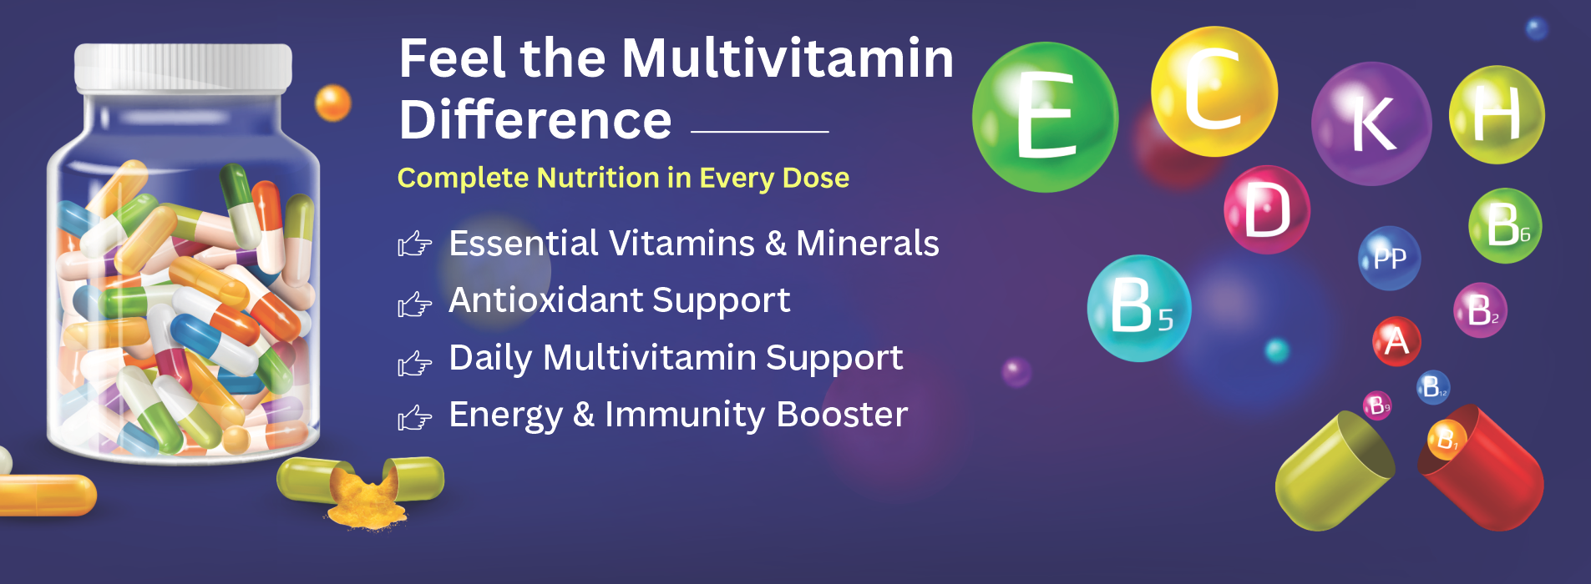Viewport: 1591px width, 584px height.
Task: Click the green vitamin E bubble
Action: [x=1045, y=118]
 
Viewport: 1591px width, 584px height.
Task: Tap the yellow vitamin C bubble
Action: [x=1214, y=91]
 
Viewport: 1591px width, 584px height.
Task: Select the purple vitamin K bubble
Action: [x=1371, y=123]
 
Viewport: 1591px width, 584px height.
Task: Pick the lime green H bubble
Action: [x=1497, y=114]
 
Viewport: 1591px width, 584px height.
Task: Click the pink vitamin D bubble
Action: [x=1267, y=209]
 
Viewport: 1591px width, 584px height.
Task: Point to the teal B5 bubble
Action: [x=1139, y=308]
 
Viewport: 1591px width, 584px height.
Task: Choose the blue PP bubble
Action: [x=1389, y=259]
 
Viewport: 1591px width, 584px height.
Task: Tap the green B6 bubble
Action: [x=1505, y=225]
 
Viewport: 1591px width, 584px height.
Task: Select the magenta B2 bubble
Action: [x=1481, y=310]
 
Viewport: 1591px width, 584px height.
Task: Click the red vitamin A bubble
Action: [x=1396, y=341]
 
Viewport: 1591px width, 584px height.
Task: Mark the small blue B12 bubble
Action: [x=1433, y=387]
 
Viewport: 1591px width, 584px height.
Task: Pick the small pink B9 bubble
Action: [x=1377, y=406]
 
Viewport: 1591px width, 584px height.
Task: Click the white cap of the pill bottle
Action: [x=183, y=67]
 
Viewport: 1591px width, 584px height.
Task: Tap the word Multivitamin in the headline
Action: [x=788, y=58]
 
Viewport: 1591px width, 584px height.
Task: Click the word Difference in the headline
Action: [x=535, y=119]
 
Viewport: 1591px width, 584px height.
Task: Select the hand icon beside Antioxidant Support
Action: [x=414, y=305]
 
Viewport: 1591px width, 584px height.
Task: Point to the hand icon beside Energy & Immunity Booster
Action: [x=414, y=417]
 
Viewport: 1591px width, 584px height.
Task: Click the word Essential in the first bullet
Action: [x=524, y=244]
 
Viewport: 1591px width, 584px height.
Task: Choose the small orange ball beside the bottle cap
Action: [x=332, y=103]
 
